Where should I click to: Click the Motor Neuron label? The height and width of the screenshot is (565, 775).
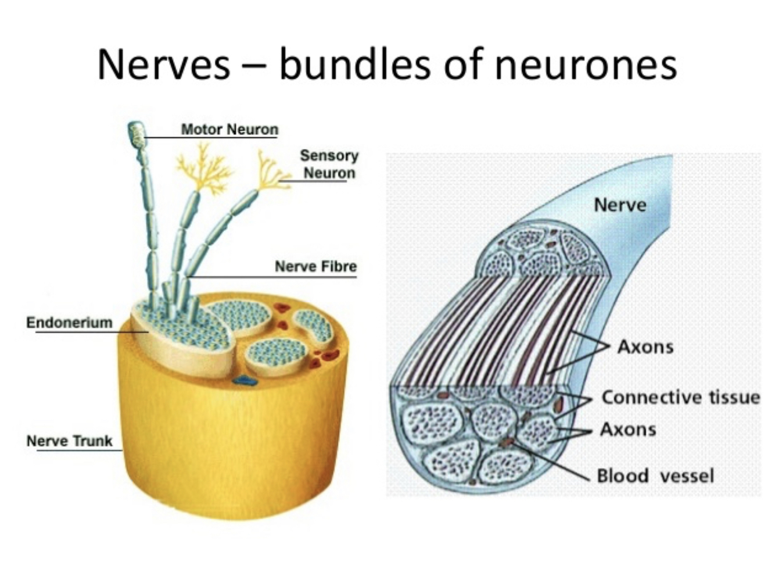click(x=229, y=129)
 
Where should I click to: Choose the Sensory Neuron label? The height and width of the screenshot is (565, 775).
click(x=329, y=164)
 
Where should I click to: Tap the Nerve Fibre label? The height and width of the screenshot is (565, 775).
click(x=315, y=266)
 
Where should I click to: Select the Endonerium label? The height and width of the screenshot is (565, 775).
click(x=69, y=322)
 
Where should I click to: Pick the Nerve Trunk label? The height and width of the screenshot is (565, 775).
click(x=69, y=441)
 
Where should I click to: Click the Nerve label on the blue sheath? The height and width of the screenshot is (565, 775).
click(x=620, y=205)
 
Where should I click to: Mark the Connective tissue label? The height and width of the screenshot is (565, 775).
click(x=680, y=397)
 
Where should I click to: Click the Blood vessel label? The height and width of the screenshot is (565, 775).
click(x=655, y=475)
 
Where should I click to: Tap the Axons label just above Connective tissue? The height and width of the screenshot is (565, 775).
click(x=645, y=347)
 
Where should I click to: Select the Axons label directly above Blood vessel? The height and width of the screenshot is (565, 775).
click(x=628, y=430)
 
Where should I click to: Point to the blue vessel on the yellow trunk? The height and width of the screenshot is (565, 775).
click(x=245, y=381)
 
